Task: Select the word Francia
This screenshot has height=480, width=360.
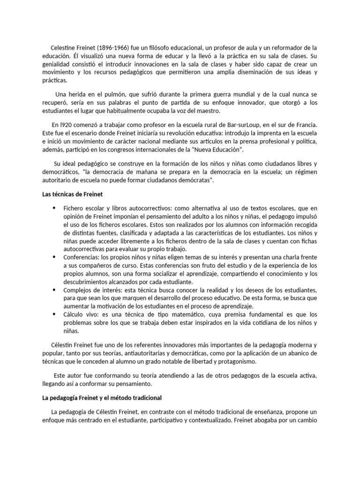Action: (x=306, y=125)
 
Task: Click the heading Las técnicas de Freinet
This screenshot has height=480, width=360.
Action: (x=70, y=195)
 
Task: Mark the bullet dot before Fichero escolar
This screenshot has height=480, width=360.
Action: (x=54, y=208)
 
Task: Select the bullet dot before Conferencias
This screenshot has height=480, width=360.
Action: (x=54, y=257)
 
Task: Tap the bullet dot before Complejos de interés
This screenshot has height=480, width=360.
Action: (x=54, y=290)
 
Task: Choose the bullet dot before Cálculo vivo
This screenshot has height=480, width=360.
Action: (x=54, y=315)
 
